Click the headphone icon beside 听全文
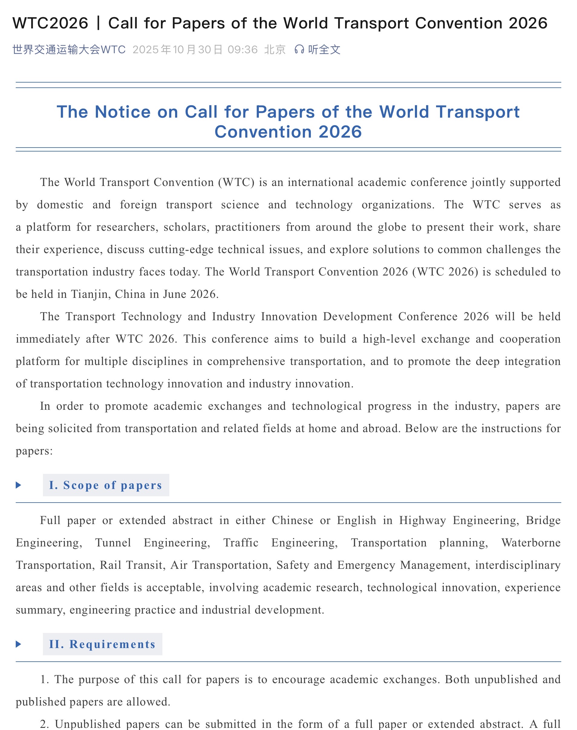point(299,50)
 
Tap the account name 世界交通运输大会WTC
point(69,50)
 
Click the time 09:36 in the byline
point(242,50)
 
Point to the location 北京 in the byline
point(275,50)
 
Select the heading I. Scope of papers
point(106,485)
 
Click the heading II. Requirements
point(102,644)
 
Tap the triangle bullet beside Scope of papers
point(18,485)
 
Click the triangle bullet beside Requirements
point(18,644)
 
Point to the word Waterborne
point(531,543)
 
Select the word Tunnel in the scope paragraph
point(113,543)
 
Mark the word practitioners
point(247,227)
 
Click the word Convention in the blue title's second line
point(262,132)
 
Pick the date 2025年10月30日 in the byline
point(177,50)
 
